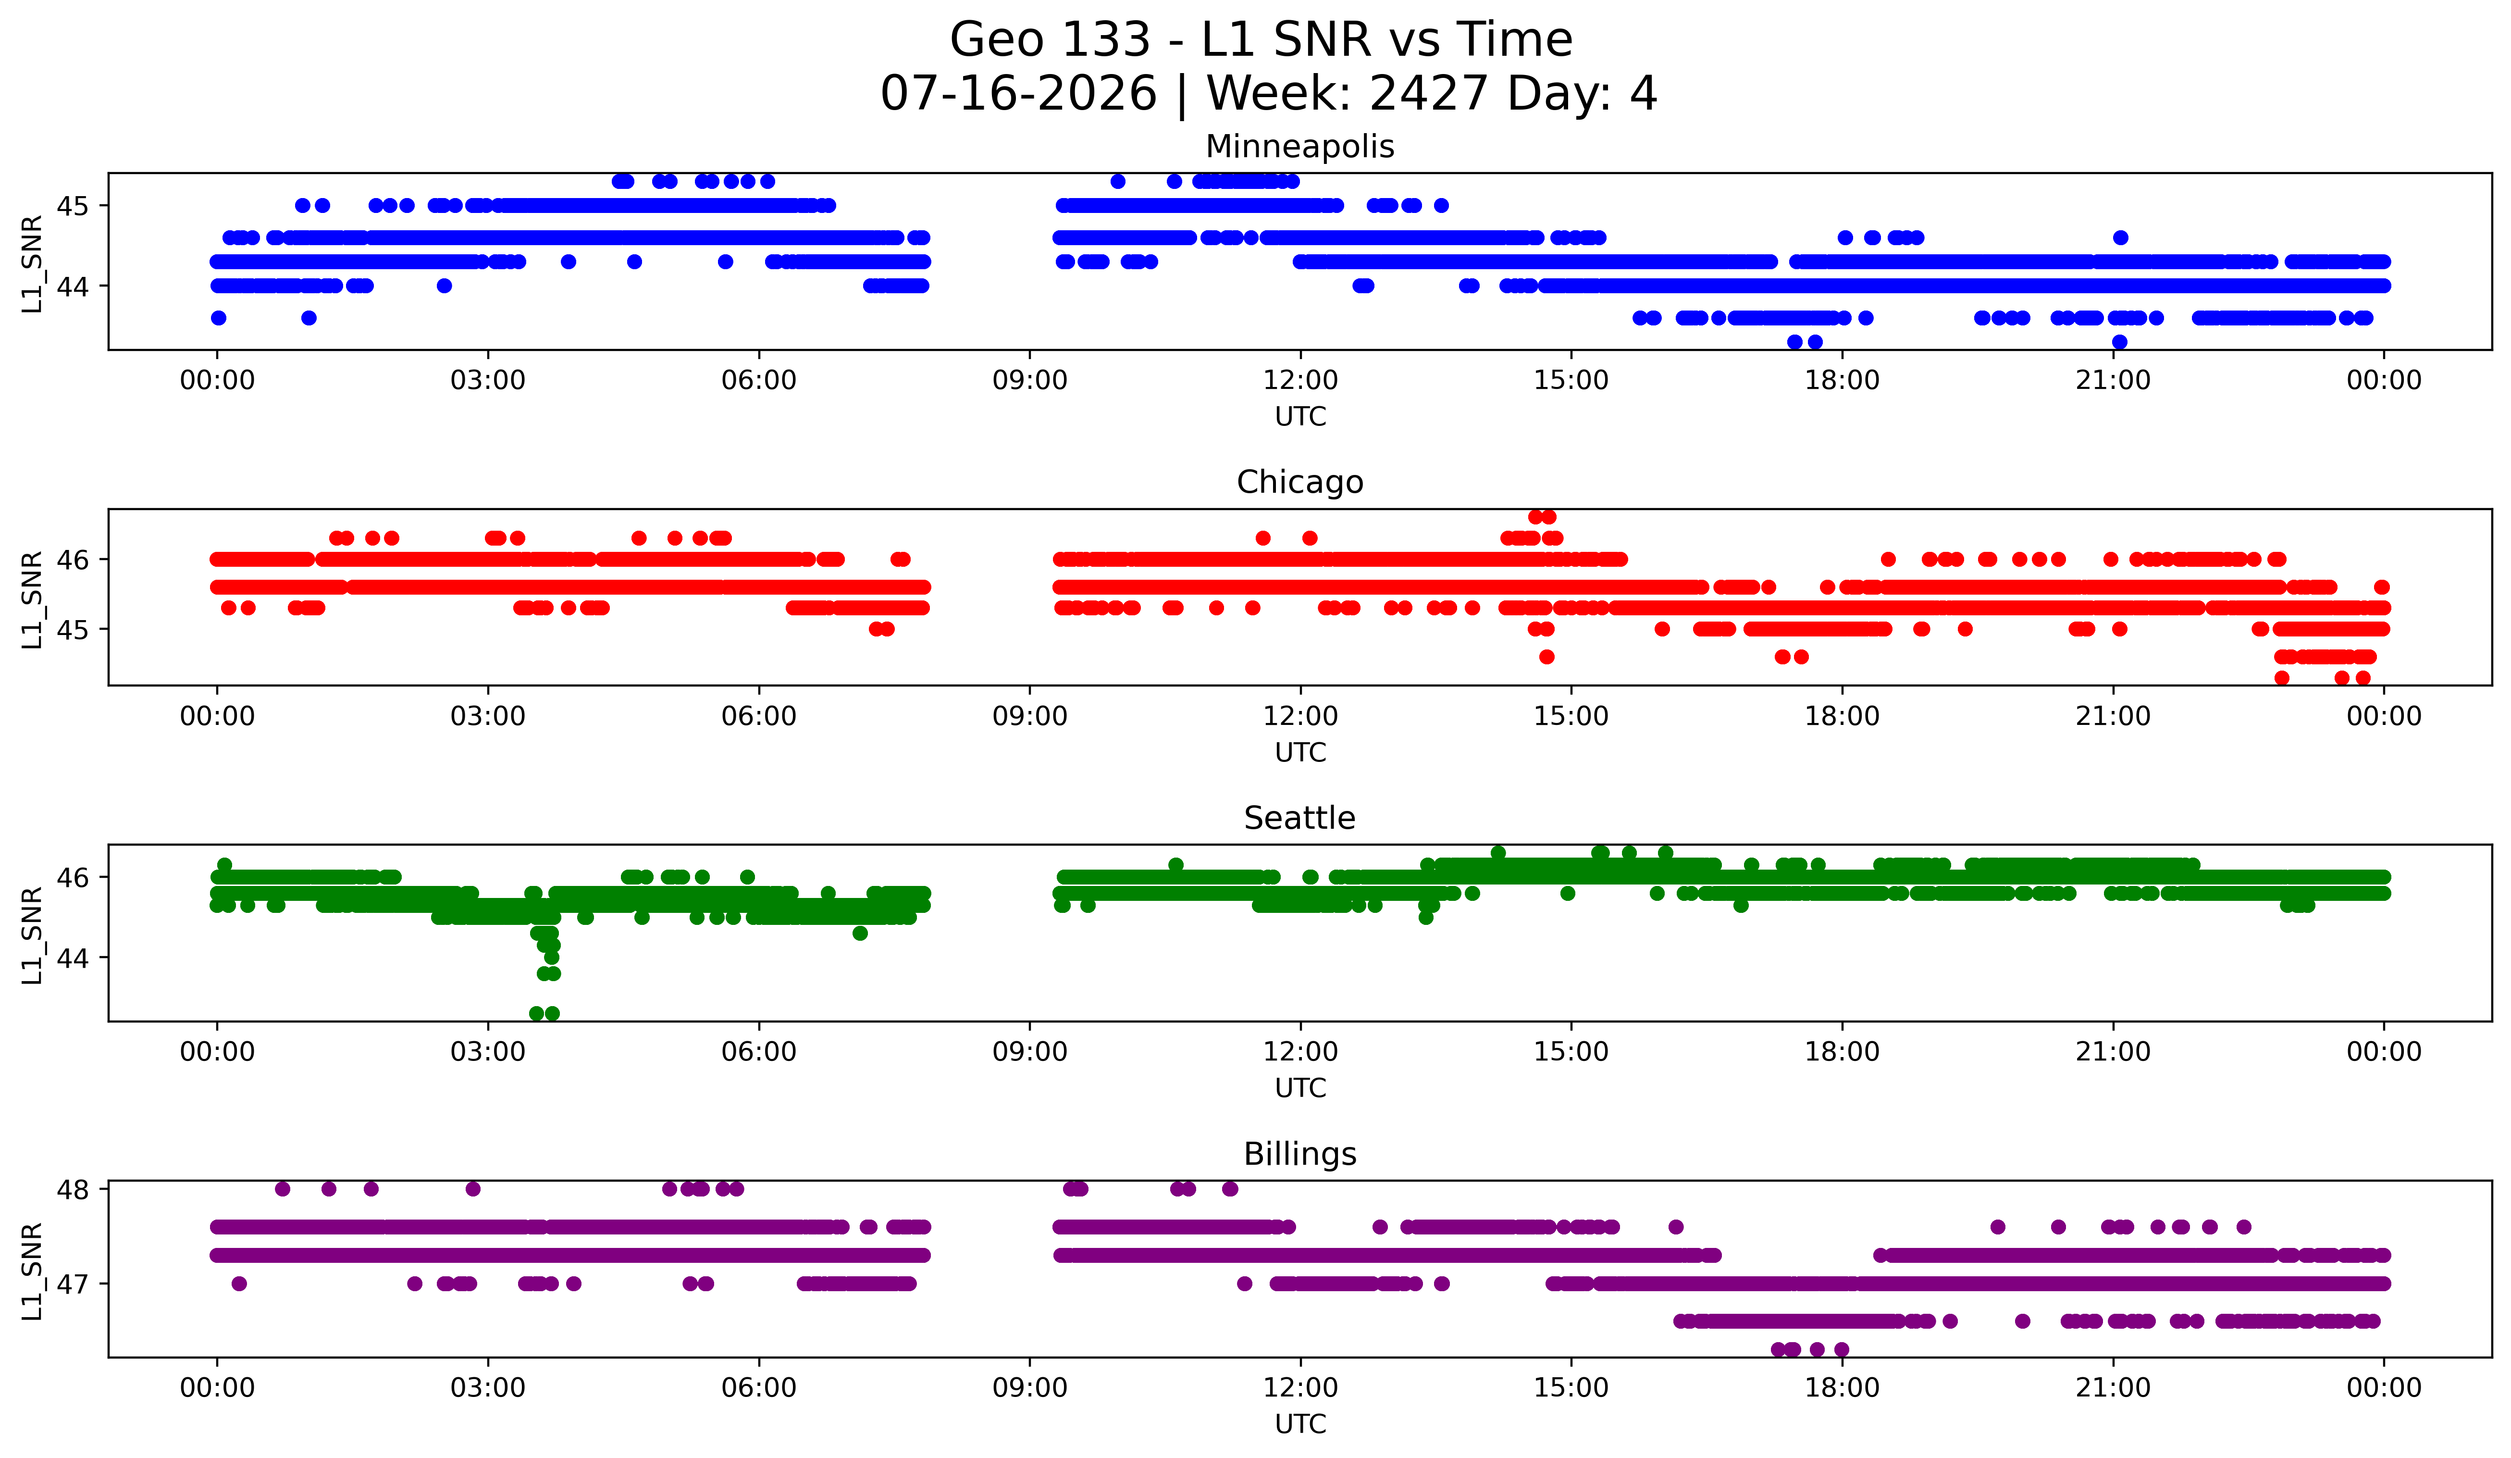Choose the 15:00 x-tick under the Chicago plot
pyautogui.click(x=1571, y=717)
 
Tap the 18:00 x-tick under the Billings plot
pyautogui.click(x=1843, y=1388)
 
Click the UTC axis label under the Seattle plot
pyautogui.click(x=1300, y=1088)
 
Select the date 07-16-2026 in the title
pyautogui.click(x=1018, y=94)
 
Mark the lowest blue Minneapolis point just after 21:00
pyautogui.click(x=2119, y=342)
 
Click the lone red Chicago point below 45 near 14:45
pyautogui.click(x=1546, y=657)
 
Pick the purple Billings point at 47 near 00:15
pyautogui.click(x=239, y=1284)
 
